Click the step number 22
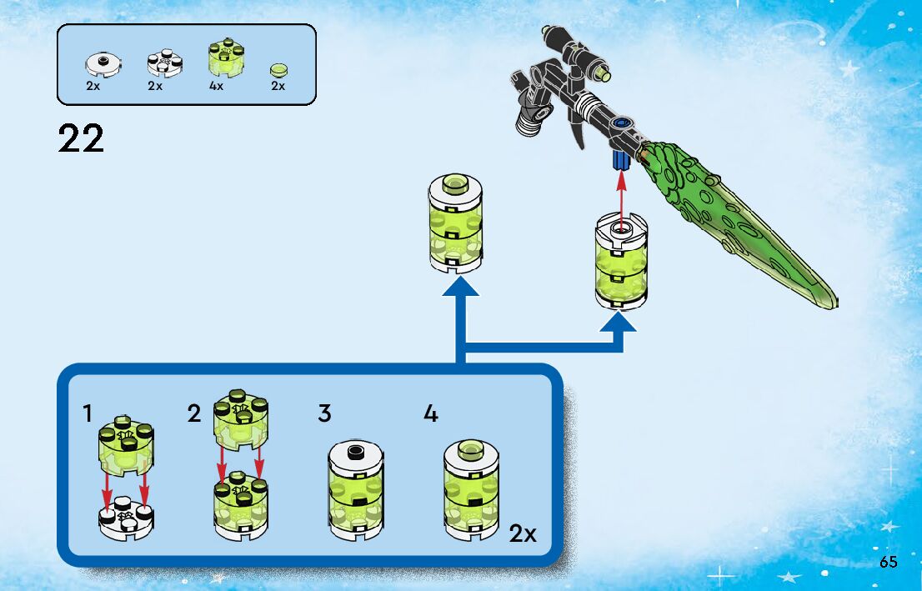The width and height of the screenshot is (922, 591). [82, 138]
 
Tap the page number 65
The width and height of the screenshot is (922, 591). [888, 562]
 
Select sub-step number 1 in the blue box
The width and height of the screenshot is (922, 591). [88, 413]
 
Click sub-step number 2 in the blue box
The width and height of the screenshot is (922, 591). [194, 413]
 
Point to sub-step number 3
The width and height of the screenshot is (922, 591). [324, 413]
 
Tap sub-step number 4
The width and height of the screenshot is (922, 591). [430, 413]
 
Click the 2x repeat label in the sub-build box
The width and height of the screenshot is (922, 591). [523, 533]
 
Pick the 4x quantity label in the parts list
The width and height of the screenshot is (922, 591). [216, 86]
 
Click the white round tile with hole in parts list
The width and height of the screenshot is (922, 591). [103, 63]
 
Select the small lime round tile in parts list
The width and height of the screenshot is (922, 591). [278, 70]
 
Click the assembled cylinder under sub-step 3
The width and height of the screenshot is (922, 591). [356, 492]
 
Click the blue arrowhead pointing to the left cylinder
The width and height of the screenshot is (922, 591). [456, 288]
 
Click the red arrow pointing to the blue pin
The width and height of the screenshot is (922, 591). [619, 196]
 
